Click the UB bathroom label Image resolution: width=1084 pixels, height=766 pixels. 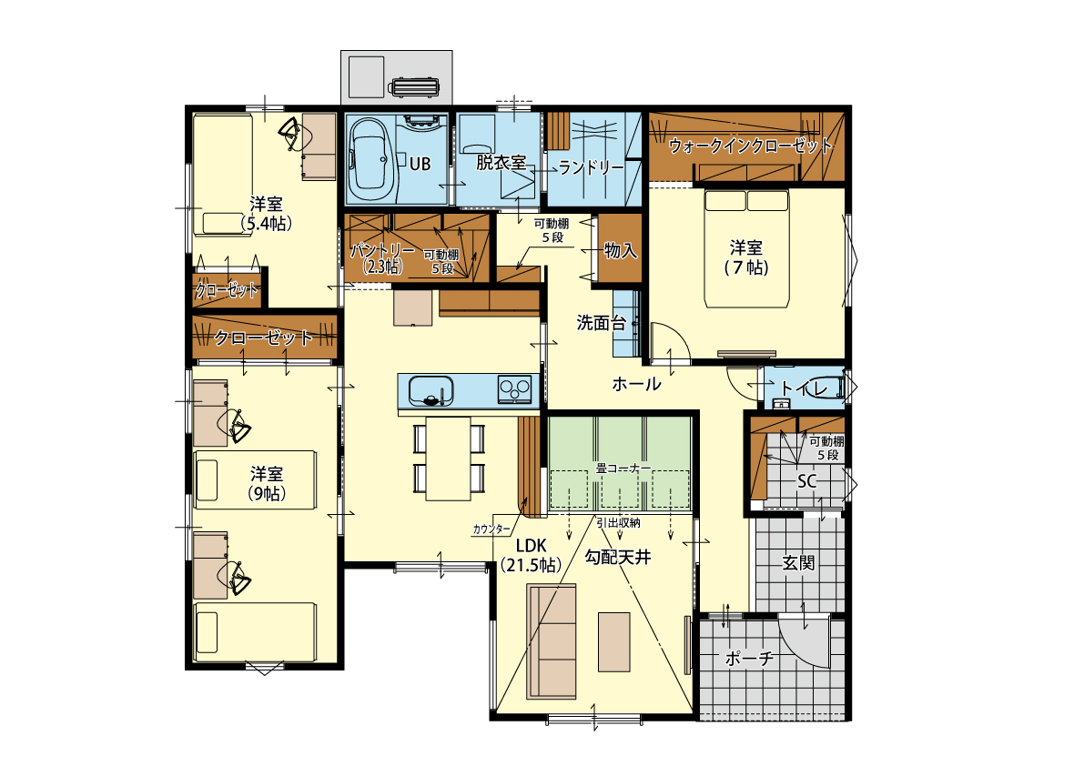click(x=420, y=164)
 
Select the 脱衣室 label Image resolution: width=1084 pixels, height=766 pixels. click(x=501, y=163)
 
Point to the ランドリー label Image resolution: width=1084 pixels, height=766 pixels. click(x=591, y=167)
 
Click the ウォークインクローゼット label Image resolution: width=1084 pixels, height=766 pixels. click(x=750, y=145)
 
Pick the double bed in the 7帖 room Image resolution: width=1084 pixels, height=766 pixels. click(x=746, y=248)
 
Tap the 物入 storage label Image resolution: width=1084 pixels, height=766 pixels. click(x=620, y=250)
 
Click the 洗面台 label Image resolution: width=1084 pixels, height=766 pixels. click(x=602, y=323)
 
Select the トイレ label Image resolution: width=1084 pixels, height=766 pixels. click(x=804, y=388)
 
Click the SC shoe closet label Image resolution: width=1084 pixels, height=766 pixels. click(x=806, y=480)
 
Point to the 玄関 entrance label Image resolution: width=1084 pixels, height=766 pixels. click(x=798, y=563)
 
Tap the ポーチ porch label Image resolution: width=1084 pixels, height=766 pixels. click(x=749, y=659)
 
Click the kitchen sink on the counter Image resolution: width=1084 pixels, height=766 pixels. click(x=431, y=390)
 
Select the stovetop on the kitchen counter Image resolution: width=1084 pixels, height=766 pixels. click(x=515, y=388)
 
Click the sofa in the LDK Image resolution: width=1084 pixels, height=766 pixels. click(x=551, y=641)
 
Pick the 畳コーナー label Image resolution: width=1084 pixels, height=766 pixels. click(x=623, y=469)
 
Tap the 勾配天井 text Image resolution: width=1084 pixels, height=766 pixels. click(x=618, y=557)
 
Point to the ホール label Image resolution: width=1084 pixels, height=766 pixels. click(x=636, y=384)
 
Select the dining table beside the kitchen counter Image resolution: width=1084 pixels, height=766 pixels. click(x=448, y=458)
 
